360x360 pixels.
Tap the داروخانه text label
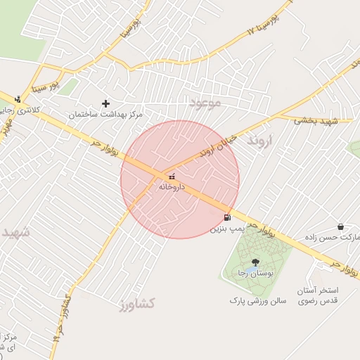(x=172, y=187)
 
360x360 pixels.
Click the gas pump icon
(x=226, y=217)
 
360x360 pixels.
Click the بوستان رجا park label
(x=255, y=272)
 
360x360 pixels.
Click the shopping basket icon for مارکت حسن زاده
(x=341, y=226)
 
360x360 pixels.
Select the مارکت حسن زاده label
(x=330, y=238)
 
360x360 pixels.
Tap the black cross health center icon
(x=106, y=103)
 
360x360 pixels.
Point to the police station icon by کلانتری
(x=18, y=99)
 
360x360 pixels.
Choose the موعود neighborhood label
(x=205, y=103)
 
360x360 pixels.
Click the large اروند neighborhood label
(x=259, y=141)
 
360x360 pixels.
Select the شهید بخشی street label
(x=316, y=121)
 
